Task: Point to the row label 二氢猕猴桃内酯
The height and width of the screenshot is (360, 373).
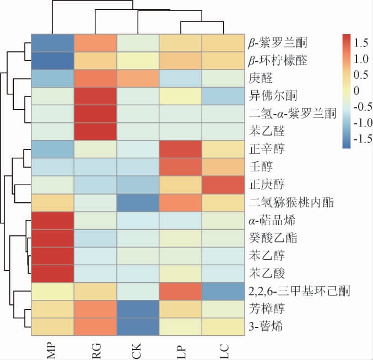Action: [x=285, y=202]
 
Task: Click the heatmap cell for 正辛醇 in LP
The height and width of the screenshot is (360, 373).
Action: [x=180, y=149]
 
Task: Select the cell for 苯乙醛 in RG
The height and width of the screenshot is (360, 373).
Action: [x=94, y=131]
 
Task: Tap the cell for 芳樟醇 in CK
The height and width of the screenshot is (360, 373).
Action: [x=138, y=309]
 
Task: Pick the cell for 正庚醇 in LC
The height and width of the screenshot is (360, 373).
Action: [x=223, y=185]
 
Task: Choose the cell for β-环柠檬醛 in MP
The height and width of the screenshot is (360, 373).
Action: [x=51, y=60]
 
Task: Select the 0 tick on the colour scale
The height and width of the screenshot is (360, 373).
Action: [x=356, y=90]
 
